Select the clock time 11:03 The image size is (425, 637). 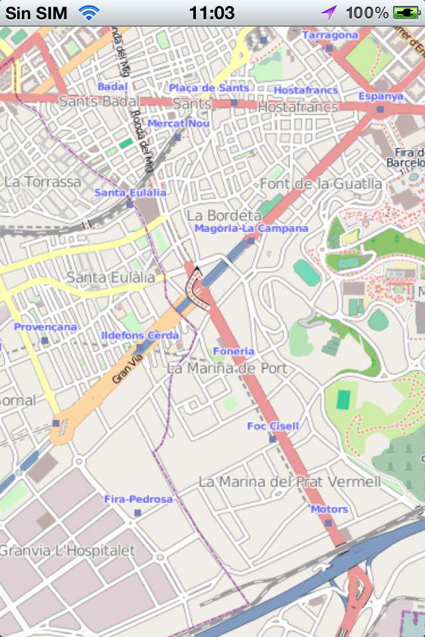pyautogui.click(x=212, y=13)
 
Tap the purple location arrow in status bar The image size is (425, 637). pyautogui.click(x=329, y=13)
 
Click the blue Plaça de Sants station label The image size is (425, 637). pyautogui.click(x=209, y=88)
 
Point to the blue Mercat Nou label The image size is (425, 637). pyautogui.click(x=179, y=123)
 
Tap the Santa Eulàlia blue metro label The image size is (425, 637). pyautogui.click(x=130, y=192)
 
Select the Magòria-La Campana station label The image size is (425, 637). pyautogui.click(x=242, y=228)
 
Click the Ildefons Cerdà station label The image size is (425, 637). pyautogui.click(x=139, y=336)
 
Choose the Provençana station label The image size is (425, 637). pyautogui.click(x=45, y=327)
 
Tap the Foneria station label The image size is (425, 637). pyautogui.click(x=233, y=351)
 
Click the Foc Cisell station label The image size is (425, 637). pyautogui.click(x=273, y=426)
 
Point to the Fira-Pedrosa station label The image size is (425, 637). pyautogui.click(x=138, y=499)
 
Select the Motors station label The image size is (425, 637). pyautogui.click(x=329, y=509)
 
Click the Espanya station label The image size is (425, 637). pyautogui.click(x=381, y=96)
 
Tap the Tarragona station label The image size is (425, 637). pyautogui.click(x=330, y=35)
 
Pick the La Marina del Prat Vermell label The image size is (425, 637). pyautogui.click(x=290, y=481)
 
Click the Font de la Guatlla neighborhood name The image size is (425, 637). pyautogui.click(x=321, y=184)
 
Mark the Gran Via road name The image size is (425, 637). pyautogui.click(x=127, y=369)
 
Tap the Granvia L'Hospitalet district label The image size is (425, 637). pyautogui.click(x=67, y=551)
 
